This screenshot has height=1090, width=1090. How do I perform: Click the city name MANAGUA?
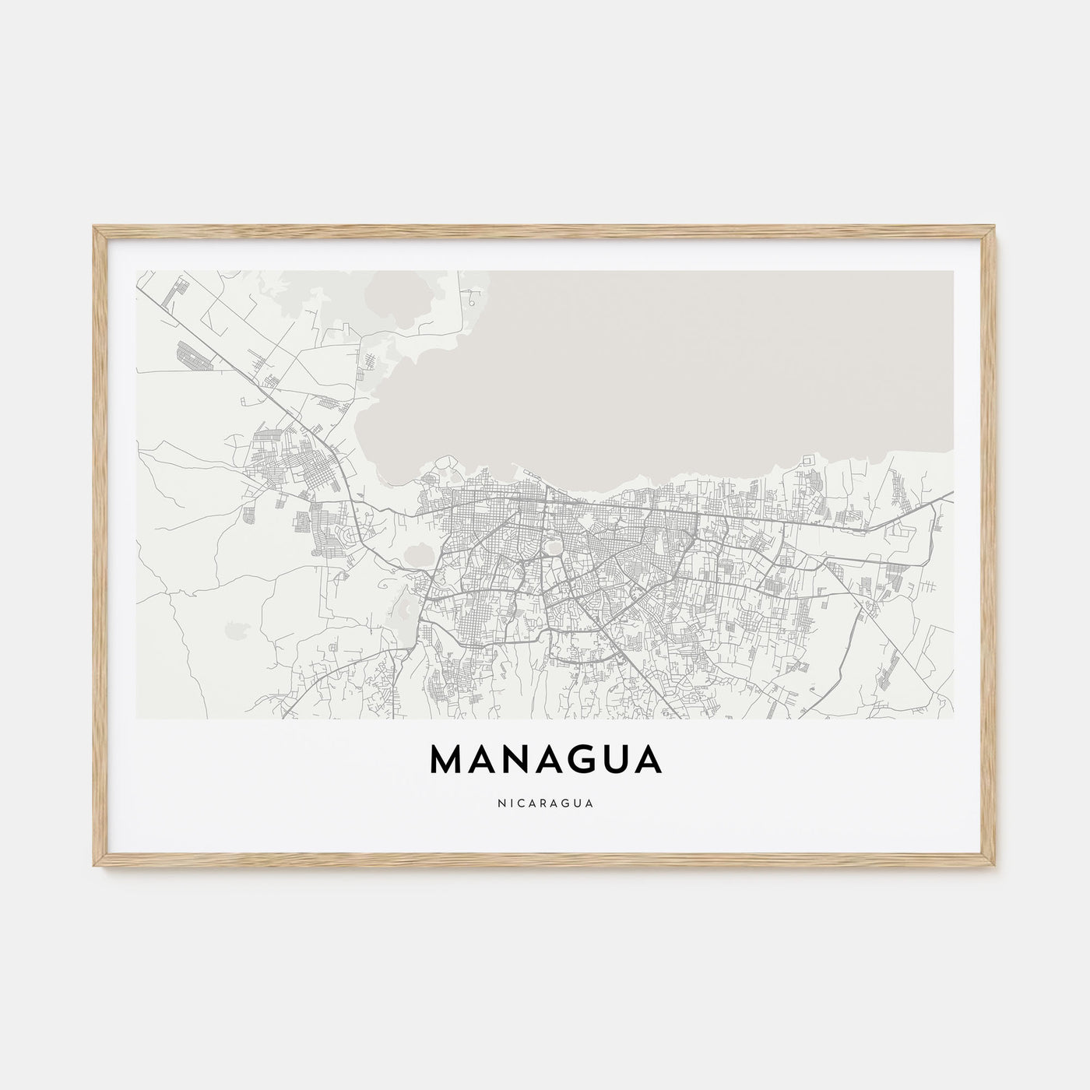pos(545,761)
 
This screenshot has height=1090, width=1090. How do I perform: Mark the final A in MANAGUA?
pos(647,761)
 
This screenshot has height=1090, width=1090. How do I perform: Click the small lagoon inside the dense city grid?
pos(554,547)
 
